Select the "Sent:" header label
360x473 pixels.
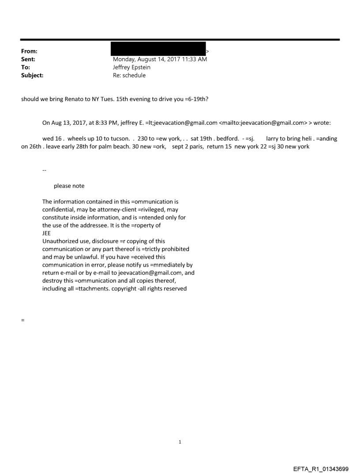(x=28, y=59)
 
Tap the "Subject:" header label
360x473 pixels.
(x=32, y=75)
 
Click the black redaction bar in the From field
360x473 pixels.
(x=158, y=48)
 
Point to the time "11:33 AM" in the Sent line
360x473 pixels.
(x=195, y=59)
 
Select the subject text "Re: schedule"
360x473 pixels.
(x=129, y=75)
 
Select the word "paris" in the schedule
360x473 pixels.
(x=194, y=146)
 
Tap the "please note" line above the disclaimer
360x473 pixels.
(x=69, y=186)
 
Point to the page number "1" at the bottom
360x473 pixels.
(x=180, y=442)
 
